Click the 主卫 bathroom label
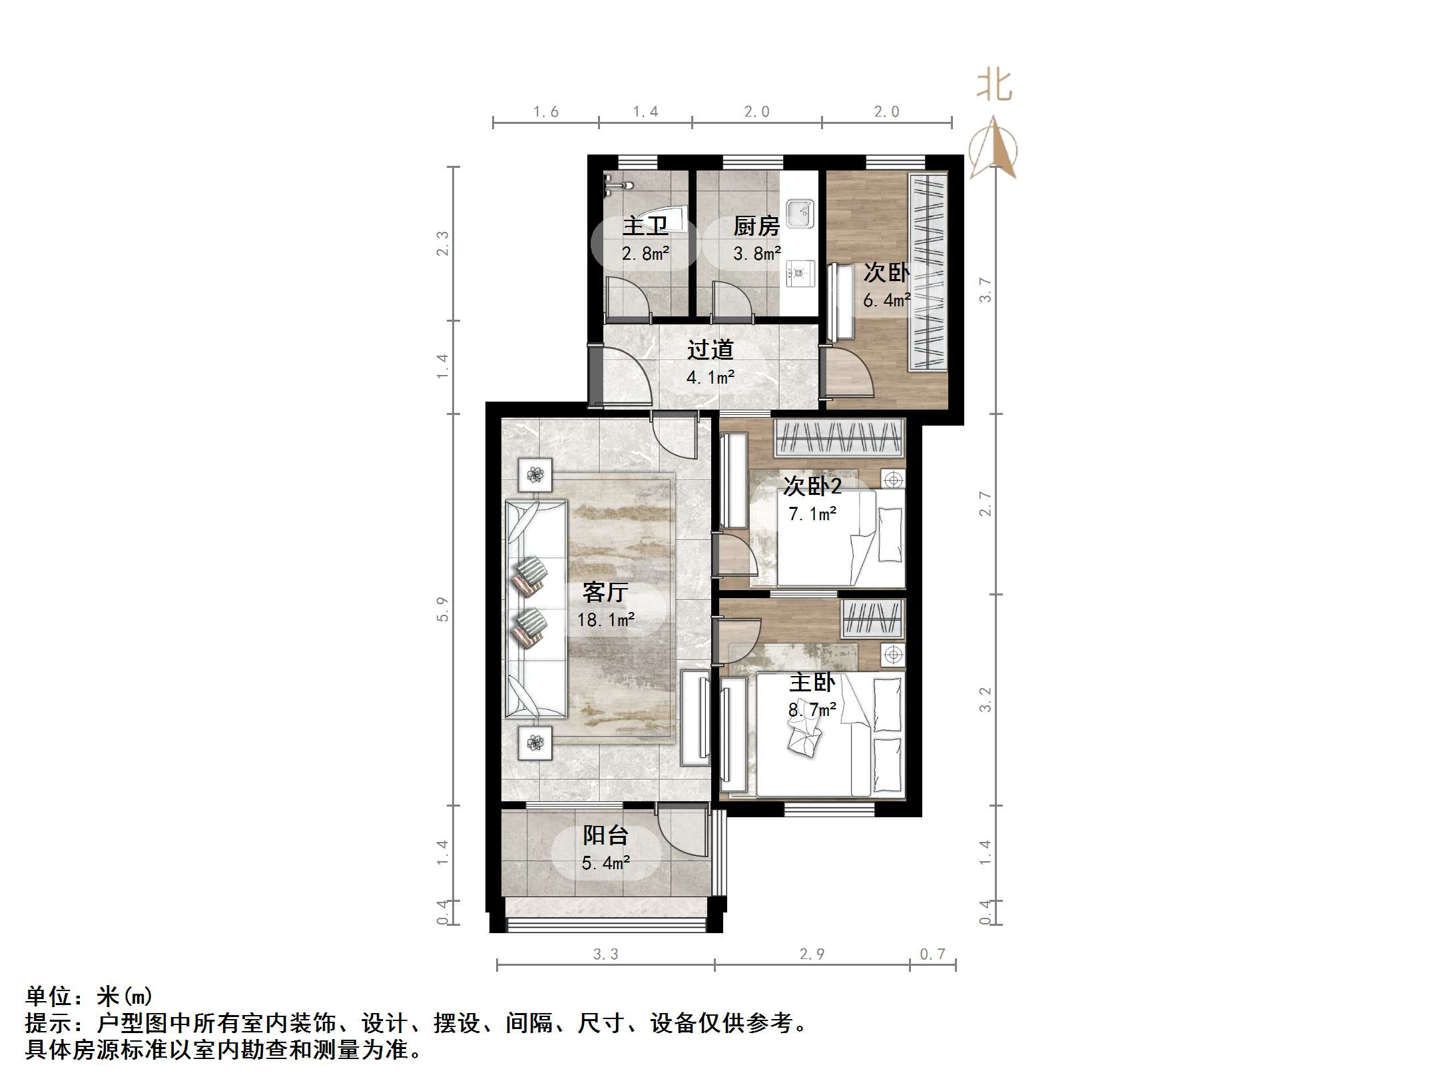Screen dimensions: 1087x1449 tap(645, 226)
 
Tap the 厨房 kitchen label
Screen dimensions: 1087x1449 tap(756, 226)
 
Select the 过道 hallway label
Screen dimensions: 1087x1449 tap(710, 350)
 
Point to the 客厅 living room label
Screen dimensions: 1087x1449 tap(605, 592)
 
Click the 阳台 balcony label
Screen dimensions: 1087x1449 tap(605, 835)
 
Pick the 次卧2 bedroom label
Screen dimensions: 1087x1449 tap(812, 486)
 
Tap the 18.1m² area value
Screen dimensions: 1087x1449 tap(605, 620)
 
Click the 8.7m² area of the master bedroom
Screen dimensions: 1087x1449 tap(812, 710)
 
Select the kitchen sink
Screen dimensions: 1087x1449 tap(799, 213)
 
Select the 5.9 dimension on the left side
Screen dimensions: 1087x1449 tap(443, 609)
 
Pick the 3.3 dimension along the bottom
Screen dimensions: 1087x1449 tap(605, 954)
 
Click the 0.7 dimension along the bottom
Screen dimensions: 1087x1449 tap(932, 954)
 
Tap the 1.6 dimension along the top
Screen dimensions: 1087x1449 tap(545, 112)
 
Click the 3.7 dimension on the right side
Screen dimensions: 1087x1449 tap(985, 290)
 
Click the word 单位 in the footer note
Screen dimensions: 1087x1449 tap(49, 996)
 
